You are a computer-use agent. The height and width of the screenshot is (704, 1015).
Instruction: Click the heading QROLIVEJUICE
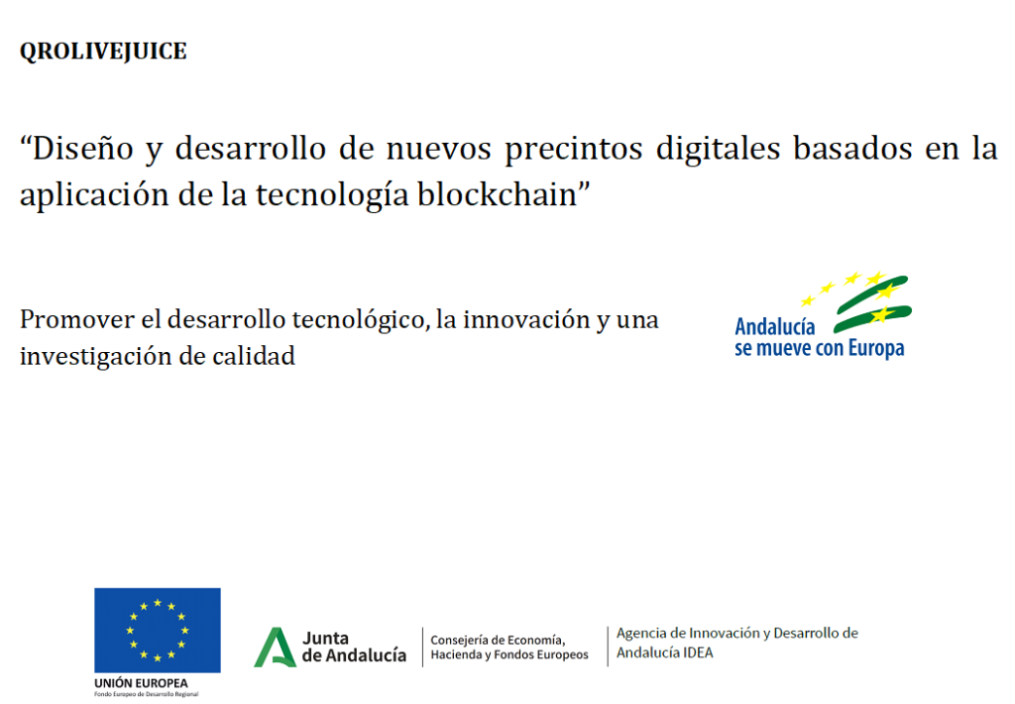click(103, 52)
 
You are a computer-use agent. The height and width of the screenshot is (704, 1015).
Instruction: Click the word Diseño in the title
click(82, 149)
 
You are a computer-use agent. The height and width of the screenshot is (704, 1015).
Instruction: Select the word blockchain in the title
click(498, 194)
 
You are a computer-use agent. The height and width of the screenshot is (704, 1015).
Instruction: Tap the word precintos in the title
click(574, 150)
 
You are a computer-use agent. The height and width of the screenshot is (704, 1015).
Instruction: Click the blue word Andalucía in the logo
click(775, 327)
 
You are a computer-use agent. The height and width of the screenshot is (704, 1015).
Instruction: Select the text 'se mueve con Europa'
click(820, 348)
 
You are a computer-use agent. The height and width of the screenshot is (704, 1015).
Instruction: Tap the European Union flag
click(158, 631)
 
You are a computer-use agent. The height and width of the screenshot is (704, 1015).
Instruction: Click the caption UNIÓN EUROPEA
click(141, 683)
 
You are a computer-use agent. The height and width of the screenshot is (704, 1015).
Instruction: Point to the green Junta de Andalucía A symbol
click(276, 647)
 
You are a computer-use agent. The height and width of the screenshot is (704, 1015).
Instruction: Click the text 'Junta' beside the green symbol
click(325, 639)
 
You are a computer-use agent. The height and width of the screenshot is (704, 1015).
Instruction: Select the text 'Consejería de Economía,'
click(498, 641)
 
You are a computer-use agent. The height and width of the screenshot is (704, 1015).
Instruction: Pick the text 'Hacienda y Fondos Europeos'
click(509, 654)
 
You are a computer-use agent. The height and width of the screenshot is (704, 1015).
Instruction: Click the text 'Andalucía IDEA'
click(665, 652)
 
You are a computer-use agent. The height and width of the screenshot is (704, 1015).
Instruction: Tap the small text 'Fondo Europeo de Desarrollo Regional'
click(147, 694)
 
